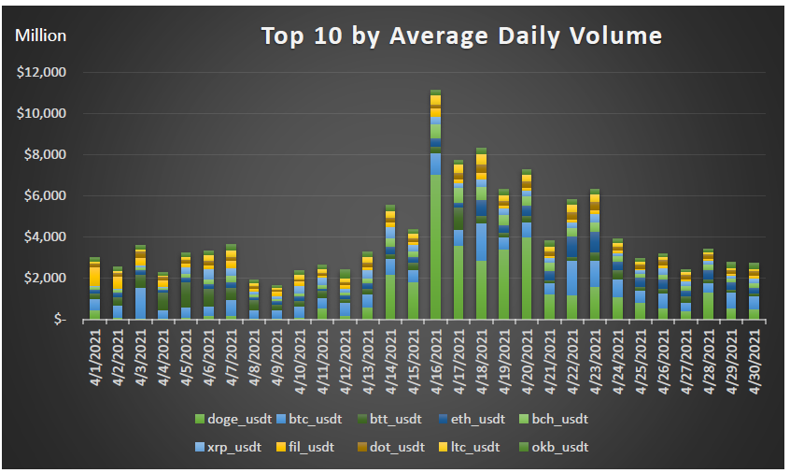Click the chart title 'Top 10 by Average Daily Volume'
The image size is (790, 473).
[x=461, y=36]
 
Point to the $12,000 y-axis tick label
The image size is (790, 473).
[x=42, y=72]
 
